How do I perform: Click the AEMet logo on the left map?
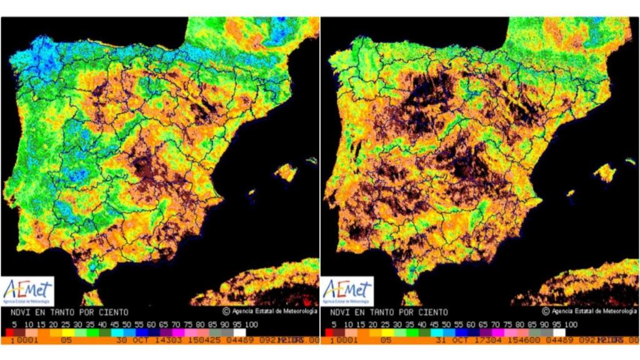(28, 291)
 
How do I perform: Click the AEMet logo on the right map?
(347, 291)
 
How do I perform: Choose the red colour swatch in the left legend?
(10, 332)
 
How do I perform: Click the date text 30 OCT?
(127, 340)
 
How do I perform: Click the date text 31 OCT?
(447, 340)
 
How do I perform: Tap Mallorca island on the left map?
(286, 171)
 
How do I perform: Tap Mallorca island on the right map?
(605, 172)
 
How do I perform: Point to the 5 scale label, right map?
(334, 324)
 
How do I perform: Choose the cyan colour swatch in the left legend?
(118, 332)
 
